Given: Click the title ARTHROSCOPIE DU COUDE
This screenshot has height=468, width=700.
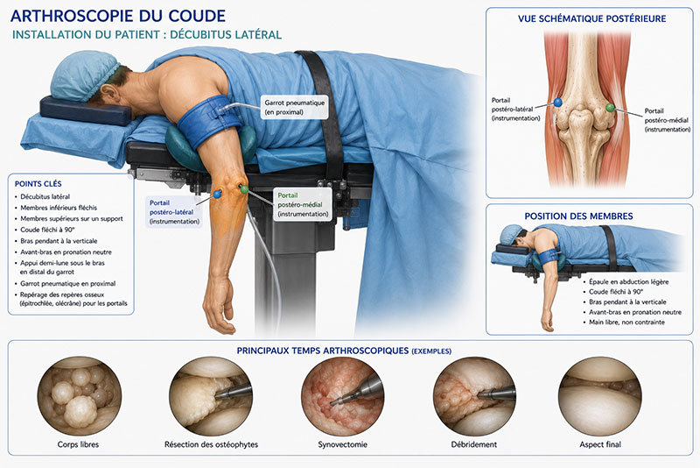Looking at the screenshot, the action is point(118,16).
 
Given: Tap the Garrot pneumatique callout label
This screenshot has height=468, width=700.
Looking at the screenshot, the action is point(295,107).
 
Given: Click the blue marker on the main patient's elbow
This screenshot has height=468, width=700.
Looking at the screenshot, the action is point(217,194).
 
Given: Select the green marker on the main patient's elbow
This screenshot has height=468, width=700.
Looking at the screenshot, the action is point(244,189).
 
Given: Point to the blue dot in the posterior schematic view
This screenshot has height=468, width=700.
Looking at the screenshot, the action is point(557,103).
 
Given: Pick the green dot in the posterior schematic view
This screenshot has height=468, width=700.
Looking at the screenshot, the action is point(610,108).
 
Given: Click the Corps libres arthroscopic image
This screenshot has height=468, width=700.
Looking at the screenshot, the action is point(79,396).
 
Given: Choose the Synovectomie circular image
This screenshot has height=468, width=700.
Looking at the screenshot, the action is point(342,396).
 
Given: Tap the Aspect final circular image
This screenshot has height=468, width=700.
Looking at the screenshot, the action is point(600,396).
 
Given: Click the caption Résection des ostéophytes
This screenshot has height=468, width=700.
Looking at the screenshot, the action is point(211,444).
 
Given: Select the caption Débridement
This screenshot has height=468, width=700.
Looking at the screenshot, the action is point(474,444).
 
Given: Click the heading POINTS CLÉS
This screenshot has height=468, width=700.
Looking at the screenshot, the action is point(38,184).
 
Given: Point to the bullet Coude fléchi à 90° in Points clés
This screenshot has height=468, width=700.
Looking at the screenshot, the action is point(47,230).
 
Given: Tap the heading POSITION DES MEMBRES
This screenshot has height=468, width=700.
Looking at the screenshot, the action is point(578,216).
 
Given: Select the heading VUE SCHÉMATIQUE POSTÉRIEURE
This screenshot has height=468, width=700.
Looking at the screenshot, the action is point(592,18).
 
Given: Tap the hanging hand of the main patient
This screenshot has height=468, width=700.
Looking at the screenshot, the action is point(219,305).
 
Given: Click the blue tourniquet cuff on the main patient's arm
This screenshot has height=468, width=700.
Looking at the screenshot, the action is point(209,122).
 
